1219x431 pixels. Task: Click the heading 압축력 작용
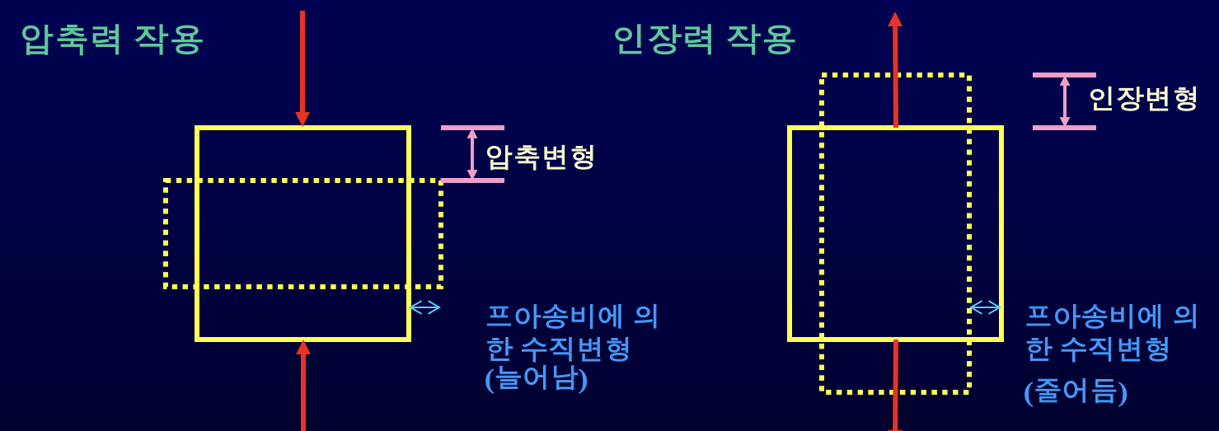tap(112, 40)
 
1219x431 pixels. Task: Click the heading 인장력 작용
tap(704, 40)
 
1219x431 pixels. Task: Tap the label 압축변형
tap(540, 157)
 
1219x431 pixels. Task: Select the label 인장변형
tap(1142, 99)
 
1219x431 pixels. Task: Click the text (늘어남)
tap(537, 379)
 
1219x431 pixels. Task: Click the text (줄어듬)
tap(1076, 391)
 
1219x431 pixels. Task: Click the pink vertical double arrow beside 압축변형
tap(472, 154)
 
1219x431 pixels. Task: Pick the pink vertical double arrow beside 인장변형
tap(1065, 101)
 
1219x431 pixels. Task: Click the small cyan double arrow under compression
tap(425, 307)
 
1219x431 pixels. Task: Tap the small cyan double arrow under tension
tap(985, 307)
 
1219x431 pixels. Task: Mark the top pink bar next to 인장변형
tap(1064, 75)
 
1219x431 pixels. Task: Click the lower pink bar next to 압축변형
tap(472, 180)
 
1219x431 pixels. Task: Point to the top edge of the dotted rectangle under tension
tap(895, 76)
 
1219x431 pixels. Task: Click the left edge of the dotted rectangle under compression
tap(166, 233)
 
